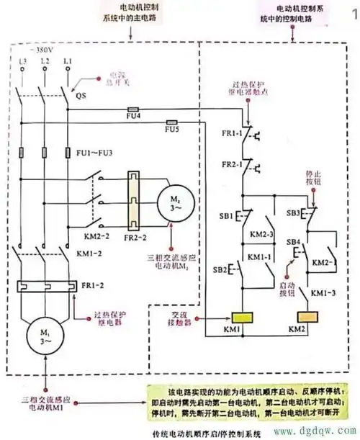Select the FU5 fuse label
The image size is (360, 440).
[x=171, y=130]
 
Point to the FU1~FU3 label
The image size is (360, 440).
[x=94, y=153]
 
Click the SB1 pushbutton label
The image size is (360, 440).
[x=225, y=216]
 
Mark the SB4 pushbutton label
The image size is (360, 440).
[x=295, y=241]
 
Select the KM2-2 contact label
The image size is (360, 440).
[x=84, y=235]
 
